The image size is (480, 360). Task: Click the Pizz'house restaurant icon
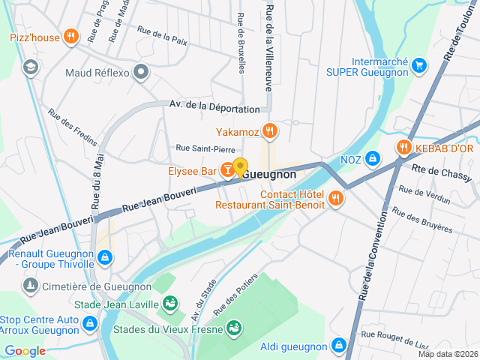(71, 36)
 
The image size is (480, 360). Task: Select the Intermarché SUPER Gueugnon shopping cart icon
(418, 66)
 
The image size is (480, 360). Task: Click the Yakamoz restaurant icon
(270, 131)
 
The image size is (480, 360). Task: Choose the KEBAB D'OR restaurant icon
(404, 148)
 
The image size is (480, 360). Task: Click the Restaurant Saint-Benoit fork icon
(335, 199)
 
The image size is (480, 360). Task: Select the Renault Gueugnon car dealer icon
(104, 258)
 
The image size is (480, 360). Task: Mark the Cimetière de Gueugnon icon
(30, 286)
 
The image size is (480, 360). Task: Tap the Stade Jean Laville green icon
(170, 304)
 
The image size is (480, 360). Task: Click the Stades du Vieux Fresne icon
(235, 328)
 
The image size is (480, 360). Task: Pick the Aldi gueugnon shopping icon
(339, 346)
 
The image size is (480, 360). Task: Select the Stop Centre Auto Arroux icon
(90, 324)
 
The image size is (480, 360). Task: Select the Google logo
(25, 350)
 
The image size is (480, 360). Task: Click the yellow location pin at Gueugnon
(240, 168)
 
